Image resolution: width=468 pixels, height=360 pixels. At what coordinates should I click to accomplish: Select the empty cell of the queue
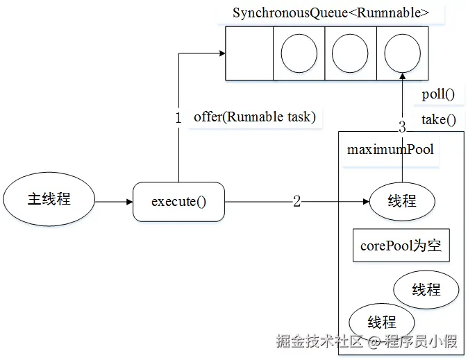click(x=249, y=53)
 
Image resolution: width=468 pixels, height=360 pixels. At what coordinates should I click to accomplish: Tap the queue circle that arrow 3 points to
click(x=402, y=53)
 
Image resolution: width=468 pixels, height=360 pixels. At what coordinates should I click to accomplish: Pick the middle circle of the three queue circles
click(x=350, y=53)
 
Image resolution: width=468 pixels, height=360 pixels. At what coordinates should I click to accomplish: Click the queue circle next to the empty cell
click(x=299, y=53)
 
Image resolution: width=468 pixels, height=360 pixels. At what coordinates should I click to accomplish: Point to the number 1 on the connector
click(x=178, y=118)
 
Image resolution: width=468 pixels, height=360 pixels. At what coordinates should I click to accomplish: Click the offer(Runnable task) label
click(x=254, y=117)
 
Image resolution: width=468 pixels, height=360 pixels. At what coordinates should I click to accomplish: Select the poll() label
click(x=438, y=95)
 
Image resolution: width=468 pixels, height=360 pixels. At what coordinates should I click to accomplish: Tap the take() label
click(x=438, y=119)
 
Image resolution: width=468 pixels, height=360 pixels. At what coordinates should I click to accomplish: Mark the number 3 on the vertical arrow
click(x=402, y=127)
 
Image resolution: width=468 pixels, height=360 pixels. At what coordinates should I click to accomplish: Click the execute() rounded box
click(x=179, y=202)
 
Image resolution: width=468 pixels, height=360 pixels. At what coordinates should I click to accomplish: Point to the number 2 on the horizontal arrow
click(x=297, y=202)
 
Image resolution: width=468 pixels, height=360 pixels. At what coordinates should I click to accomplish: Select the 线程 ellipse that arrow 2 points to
click(x=402, y=201)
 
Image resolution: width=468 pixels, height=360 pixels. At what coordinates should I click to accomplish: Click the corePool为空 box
click(x=401, y=246)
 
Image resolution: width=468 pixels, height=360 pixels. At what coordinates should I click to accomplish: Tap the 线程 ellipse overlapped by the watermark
click(x=382, y=323)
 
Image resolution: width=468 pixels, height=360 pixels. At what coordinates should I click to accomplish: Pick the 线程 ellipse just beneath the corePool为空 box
click(x=426, y=289)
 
